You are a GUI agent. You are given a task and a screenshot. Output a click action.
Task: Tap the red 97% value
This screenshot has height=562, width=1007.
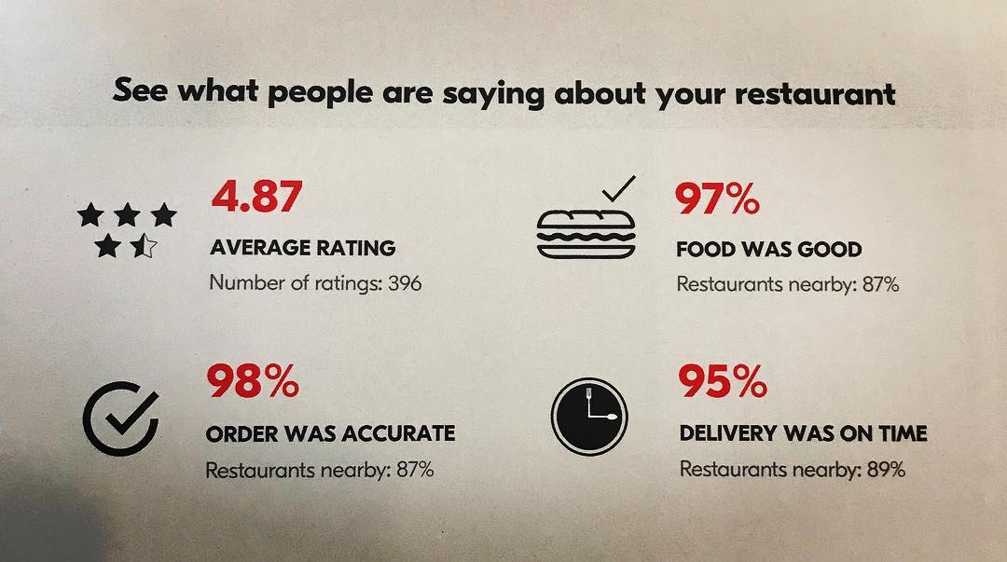[x=717, y=199]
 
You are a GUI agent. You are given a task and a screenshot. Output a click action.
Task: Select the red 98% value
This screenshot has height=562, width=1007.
[x=253, y=382]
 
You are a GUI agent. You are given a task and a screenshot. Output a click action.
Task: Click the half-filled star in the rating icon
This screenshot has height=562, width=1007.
[x=143, y=247]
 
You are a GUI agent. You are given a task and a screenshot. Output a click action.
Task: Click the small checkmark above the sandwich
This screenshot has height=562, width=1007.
[x=617, y=190]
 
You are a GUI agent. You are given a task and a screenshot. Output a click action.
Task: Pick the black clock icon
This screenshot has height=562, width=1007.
[x=589, y=417]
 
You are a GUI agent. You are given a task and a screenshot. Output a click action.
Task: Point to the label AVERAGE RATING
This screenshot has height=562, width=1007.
[x=303, y=248]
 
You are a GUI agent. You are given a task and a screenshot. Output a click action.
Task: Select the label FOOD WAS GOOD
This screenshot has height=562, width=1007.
[x=768, y=250]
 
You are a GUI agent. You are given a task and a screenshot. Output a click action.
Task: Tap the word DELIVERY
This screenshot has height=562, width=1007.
[x=730, y=433]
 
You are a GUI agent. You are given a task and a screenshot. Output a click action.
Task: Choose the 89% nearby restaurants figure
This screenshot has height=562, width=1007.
[x=885, y=469]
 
